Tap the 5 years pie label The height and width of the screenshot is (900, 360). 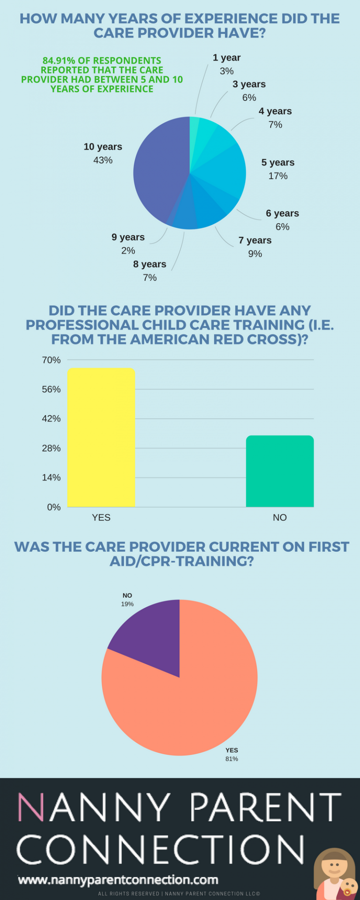click(278, 163)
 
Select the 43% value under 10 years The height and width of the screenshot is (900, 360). click(103, 160)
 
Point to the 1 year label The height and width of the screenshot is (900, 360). click(226, 58)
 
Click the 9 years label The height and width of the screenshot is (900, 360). click(128, 237)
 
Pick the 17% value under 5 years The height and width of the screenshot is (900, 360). click(278, 176)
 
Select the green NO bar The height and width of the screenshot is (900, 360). click(280, 471)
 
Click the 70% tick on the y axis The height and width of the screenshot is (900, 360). click(52, 360)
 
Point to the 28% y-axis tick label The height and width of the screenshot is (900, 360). click(52, 448)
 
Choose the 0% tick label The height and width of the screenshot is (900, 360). click(54, 507)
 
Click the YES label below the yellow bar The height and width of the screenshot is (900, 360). click(101, 517)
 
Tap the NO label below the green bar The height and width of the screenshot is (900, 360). click(280, 517)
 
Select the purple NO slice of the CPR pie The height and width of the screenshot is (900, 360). click(150, 633)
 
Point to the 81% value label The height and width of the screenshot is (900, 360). click(232, 758)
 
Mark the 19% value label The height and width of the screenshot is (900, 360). click(127, 604)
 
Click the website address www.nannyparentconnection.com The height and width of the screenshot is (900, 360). click(118, 880)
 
